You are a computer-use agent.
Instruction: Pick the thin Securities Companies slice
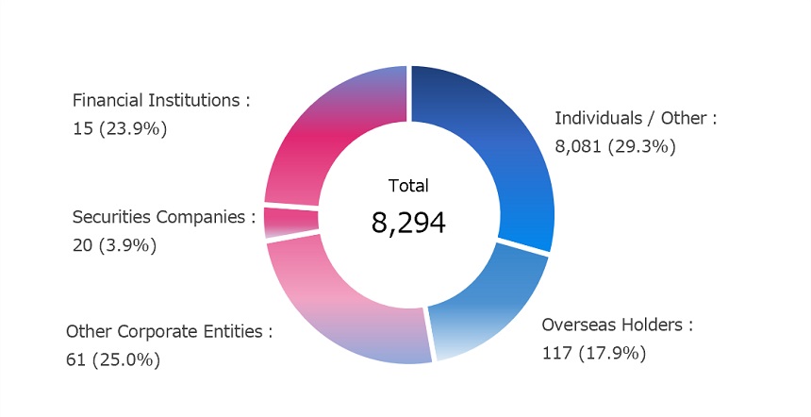[290, 222]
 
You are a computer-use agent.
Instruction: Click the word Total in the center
[408, 186]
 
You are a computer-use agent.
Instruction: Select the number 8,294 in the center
[408, 223]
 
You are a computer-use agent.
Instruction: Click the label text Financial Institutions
[161, 100]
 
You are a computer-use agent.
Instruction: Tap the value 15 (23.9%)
[120, 128]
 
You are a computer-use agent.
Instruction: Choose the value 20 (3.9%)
[114, 245]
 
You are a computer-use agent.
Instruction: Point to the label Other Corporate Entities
[169, 332]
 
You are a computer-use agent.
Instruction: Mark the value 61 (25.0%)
[113, 359]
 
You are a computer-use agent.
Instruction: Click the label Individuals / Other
[636, 118]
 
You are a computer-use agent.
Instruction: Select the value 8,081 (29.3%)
[615, 146]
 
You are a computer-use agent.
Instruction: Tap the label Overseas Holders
[617, 325]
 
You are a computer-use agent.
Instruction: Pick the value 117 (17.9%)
[593, 353]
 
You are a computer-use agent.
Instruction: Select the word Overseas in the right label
[578, 325]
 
